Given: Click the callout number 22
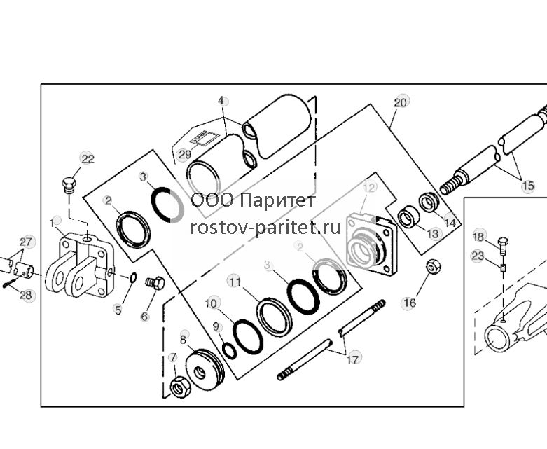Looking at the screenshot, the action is [88, 159].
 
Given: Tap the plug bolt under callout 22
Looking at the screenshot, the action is [69, 185].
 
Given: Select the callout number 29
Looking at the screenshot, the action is [184, 154].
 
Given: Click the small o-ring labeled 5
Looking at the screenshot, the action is [133, 278].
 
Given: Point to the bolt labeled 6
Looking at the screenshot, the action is [155, 283].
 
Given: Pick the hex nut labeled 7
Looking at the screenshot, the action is [180, 387].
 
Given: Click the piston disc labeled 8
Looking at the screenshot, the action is [205, 369].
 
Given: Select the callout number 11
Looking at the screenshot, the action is [235, 282].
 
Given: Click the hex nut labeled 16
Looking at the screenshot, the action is [434, 268].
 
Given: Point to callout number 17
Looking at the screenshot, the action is [353, 359].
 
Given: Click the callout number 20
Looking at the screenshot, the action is [400, 102].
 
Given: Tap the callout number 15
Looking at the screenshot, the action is [528, 186].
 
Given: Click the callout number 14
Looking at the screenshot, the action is [450, 223].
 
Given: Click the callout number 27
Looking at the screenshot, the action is [25, 242].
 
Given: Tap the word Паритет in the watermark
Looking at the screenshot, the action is [278, 200].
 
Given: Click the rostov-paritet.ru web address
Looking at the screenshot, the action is [265, 228].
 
